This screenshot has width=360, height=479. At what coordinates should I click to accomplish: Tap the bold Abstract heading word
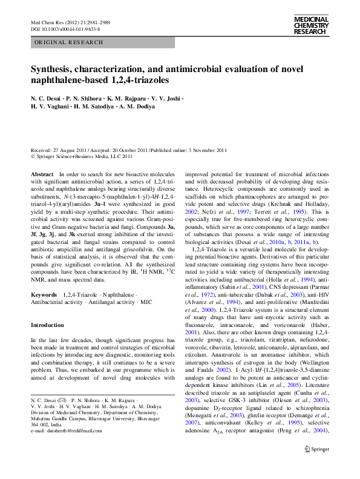pyautogui.click(x=42, y=174)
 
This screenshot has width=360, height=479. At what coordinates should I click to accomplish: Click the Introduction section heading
pyautogui.click(x=47, y=325)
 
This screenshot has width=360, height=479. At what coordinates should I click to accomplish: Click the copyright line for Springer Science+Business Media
pyautogui.click(x=82, y=156)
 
